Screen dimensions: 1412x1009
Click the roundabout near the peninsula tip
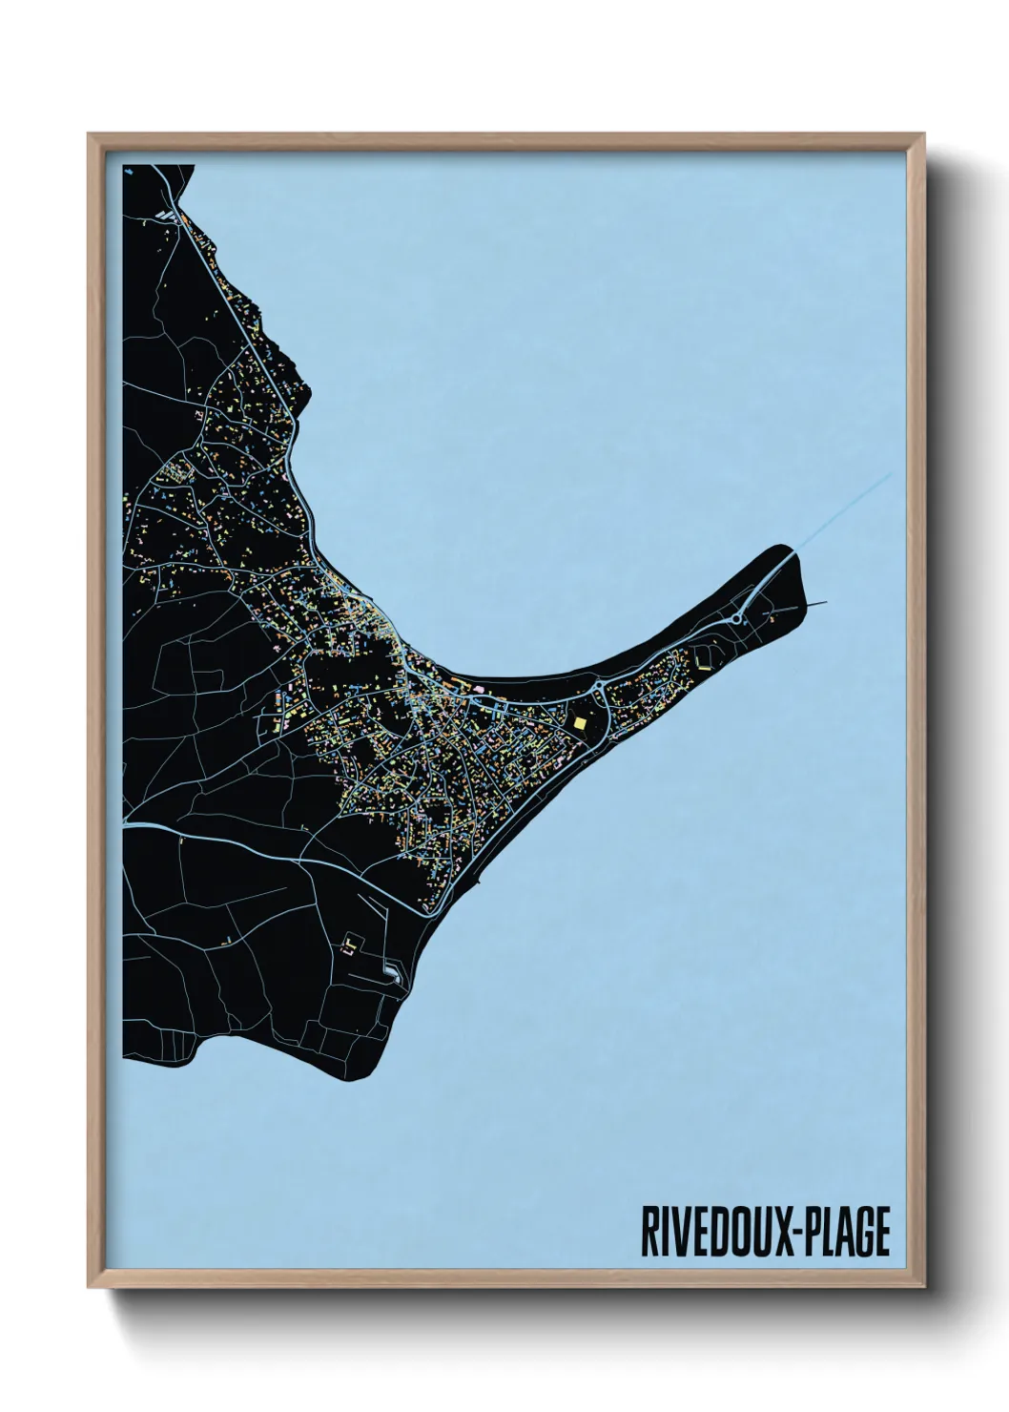point(739,619)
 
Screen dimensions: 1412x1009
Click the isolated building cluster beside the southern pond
point(352,944)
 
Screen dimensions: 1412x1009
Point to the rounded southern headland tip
point(358,1069)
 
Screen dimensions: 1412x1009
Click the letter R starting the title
point(649,1232)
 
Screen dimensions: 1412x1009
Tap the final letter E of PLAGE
point(881,1232)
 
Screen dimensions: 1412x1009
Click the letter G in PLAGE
point(863,1232)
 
